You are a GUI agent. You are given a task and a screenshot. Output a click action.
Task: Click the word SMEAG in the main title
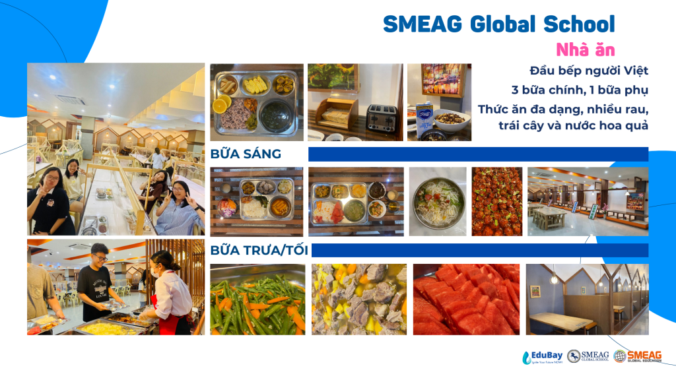(422, 24)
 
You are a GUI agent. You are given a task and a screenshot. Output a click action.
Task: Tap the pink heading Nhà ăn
(585, 50)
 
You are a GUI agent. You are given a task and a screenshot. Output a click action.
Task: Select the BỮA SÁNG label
(246, 154)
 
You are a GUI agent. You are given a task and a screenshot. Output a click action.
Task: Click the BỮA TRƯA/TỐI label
(259, 250)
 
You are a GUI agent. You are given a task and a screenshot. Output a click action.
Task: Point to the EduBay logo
(543, 357)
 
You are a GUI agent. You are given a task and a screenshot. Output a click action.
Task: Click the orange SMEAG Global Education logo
(638, 356)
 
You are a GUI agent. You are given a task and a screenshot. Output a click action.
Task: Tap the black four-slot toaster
(381, 118)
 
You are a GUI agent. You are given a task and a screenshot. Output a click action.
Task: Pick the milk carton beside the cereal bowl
(424, 119)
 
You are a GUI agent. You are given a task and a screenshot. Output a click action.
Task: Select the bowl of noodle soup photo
(438, 202)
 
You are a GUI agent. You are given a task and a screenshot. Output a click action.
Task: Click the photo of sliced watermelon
(466, 300)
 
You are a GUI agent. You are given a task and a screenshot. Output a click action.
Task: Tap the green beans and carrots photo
(257, 300)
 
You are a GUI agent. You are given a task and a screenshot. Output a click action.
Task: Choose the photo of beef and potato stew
(358, 300)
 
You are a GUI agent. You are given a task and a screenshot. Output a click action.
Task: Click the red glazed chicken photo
(496, 202)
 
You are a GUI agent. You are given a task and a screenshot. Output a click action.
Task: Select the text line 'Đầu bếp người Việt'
(589, 71)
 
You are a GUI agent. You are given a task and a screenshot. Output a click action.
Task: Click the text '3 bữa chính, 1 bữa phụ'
(580, 90)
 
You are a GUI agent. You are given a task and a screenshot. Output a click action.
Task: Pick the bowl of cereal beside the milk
(451, 119)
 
